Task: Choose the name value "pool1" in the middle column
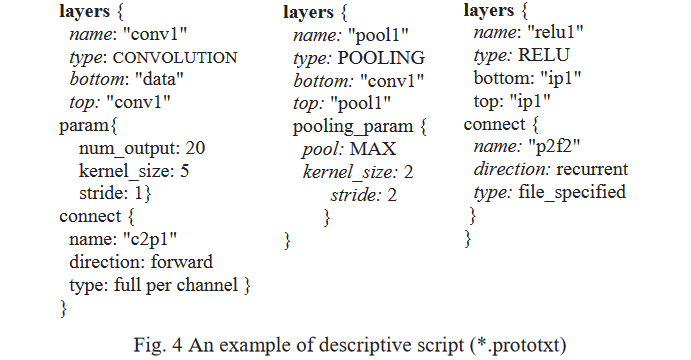click(x=377, y=35)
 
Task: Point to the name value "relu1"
click(x=557, y=35)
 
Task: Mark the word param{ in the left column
click(x=88, y=125)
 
